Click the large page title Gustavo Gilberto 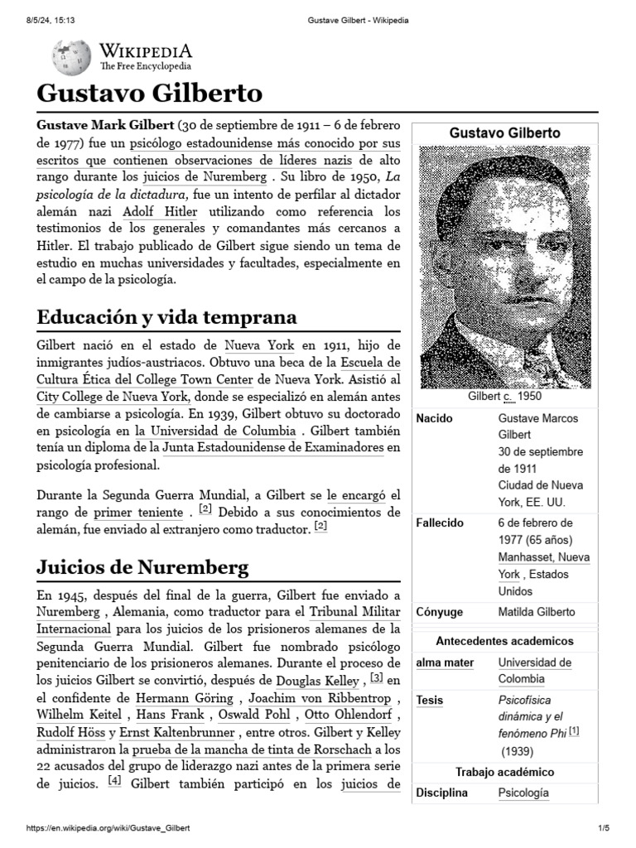(149, 91)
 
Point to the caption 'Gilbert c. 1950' (504, 397)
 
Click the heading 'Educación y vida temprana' (166, 318)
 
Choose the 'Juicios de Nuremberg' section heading (142, 568)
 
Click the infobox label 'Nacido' (434, 418)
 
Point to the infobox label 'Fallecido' (440, 523)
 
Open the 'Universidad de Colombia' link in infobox (534, 670)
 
